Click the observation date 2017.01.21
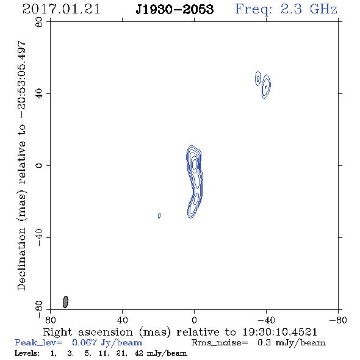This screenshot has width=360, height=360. (61, 9)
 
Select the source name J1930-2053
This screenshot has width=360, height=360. (175, 9)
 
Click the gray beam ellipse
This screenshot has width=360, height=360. (65, 302)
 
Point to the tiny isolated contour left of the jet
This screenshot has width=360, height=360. (159, 215)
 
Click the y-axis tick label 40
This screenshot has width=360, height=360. (39, 94)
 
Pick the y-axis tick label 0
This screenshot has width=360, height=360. (39, 165)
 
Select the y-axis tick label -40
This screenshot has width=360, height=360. (39, 237)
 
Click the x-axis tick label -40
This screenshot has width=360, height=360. (266, 320)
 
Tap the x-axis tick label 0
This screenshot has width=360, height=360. (194, 320)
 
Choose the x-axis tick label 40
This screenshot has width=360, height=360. (122, 320)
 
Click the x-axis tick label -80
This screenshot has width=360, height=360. (338, 320)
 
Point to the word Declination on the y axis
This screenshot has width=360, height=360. (21, 259)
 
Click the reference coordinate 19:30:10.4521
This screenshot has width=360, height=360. (279, 332)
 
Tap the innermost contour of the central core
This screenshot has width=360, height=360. (195, 164)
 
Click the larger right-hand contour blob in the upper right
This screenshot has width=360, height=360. (266, 87)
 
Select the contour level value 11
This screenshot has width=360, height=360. (103, 353)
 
